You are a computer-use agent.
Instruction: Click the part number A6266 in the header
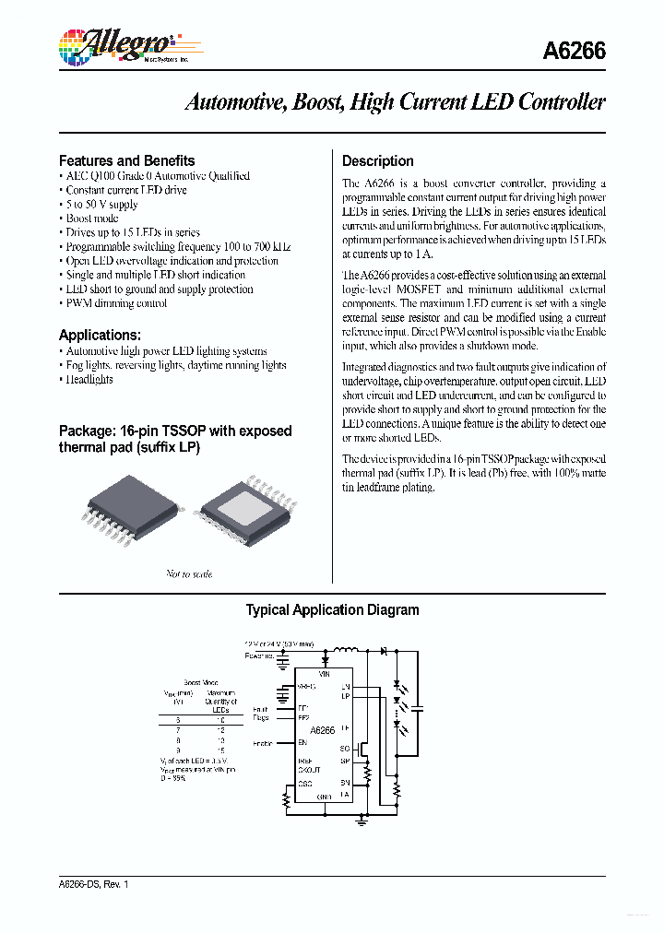[x=575, y=52]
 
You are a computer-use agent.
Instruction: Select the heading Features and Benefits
[x=126, y=160]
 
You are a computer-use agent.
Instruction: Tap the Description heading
[x=377, y=160]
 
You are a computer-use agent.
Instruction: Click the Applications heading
[x=100, y=335]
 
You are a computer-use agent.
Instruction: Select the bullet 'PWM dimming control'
[x=115, y=303]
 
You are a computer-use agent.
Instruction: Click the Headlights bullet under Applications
[x=89, y=380]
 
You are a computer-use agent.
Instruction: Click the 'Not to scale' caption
[x=189, y=574]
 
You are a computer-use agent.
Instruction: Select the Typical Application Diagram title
[x=332, y=609]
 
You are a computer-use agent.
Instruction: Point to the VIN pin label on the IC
[x=323, y=675]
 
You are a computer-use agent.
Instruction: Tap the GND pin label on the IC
[x=323, y=796]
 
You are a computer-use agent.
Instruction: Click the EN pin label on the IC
[x=302, y=742]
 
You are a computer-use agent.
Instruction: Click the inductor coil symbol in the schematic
[x=344, y=650]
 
